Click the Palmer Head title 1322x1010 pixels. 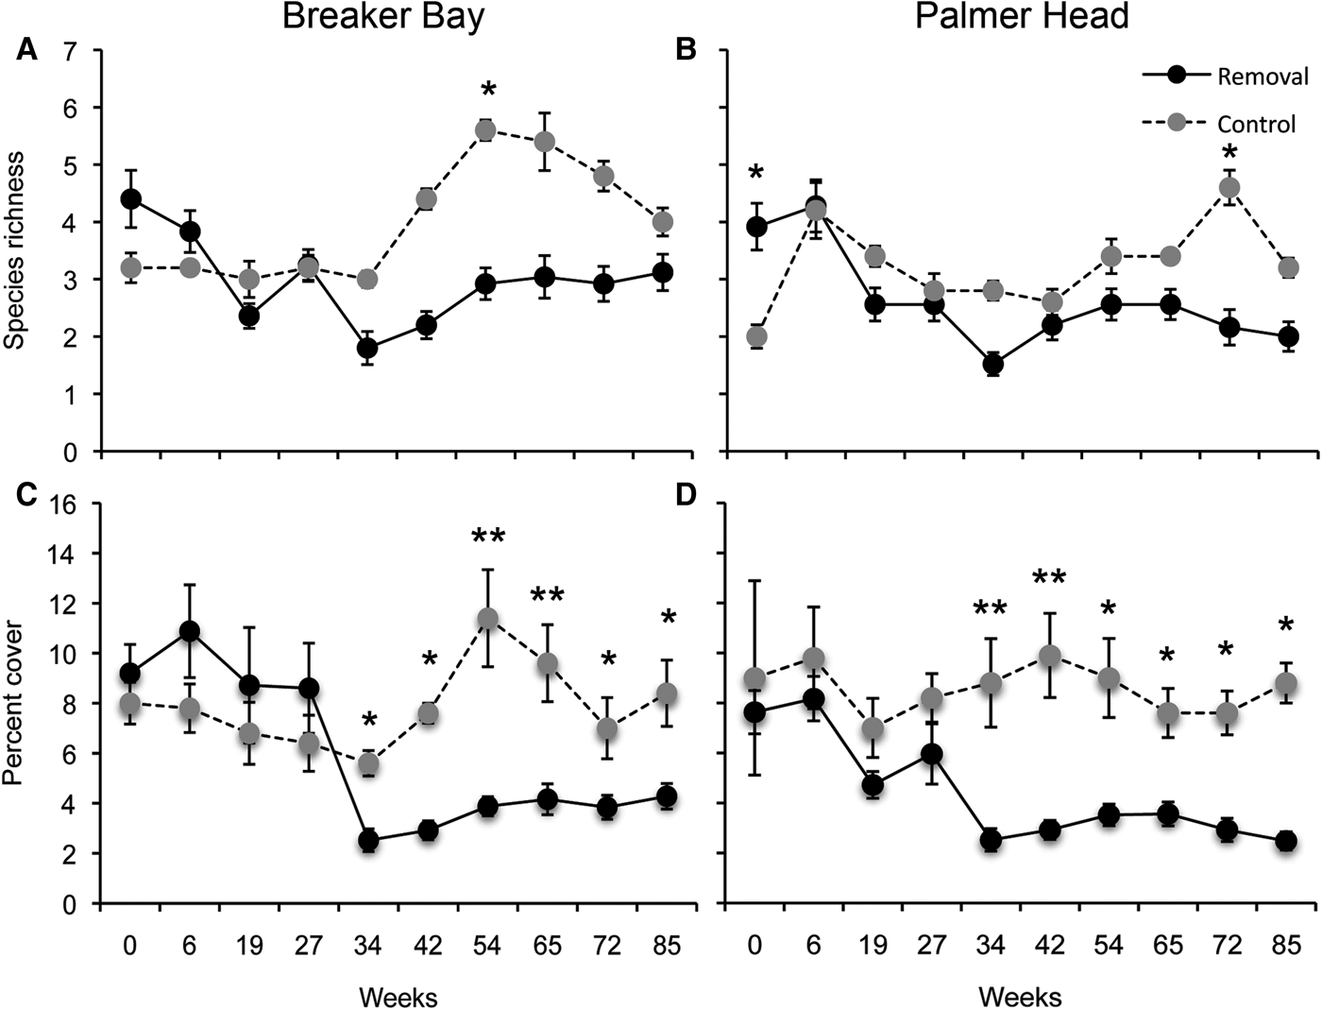1022,16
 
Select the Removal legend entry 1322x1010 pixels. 1263,77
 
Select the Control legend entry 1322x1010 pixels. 1256,124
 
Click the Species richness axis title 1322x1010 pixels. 16,248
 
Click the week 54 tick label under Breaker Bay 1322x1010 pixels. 487,946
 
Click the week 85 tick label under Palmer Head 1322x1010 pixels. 1285,946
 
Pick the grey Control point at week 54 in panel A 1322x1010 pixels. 486,130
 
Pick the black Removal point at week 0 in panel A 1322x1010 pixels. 130,199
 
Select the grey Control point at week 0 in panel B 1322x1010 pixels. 755,336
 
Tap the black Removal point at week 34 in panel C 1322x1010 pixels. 368,840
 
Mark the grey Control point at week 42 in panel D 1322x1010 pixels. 1049,656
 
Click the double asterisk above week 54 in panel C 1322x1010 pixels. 487,537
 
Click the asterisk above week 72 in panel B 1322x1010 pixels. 1229,152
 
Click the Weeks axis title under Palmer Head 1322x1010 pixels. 1020,996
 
